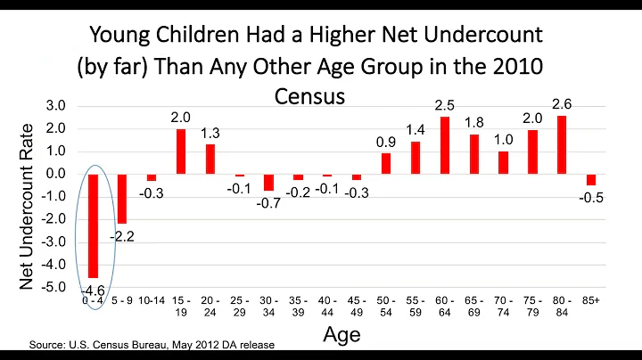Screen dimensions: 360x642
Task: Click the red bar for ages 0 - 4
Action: pyautogui.click(x=93, y=225)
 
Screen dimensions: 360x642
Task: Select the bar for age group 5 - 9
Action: pyautogui.click(x=122, y=198)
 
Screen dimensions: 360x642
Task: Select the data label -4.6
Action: pyautogui.click(x=93, y=290)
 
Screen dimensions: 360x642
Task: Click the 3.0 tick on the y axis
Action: pyautogui.click(x=55, y=106)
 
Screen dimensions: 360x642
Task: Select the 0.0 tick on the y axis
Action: pyautogui.click(x=55, y=174)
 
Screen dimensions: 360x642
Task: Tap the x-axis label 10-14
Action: pyautogui.click(x=151, y=301)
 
